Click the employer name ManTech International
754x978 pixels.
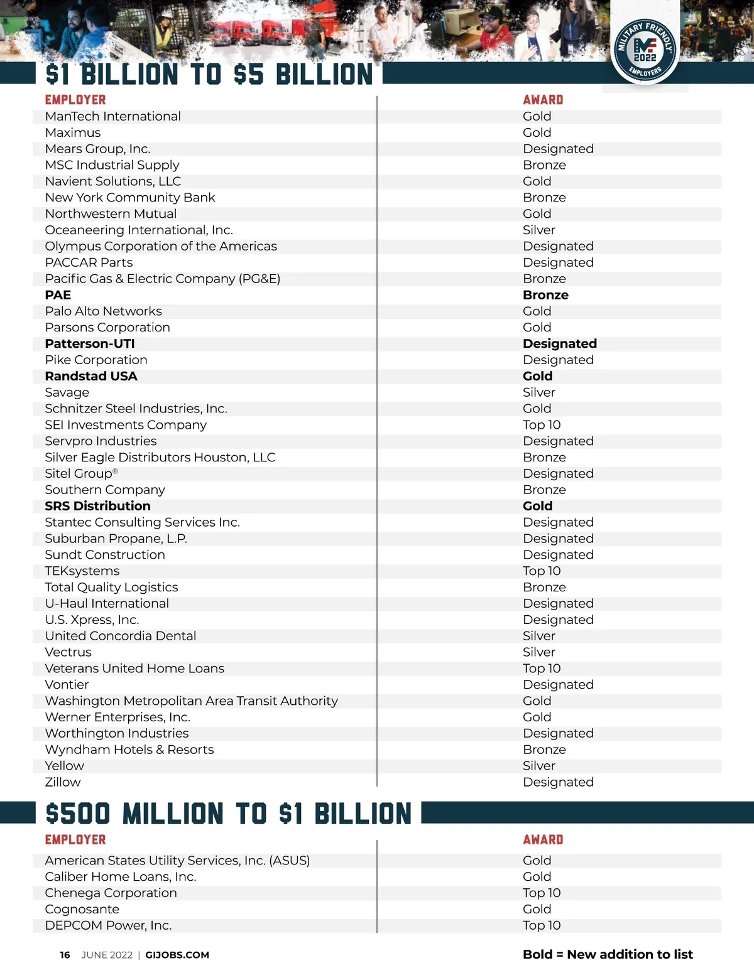pyautogui.click(x=112, y=116)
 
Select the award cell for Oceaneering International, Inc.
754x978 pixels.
pyautogui.click(x=538, y=230)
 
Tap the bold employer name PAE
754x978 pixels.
pyautogui.click(x=58, y=295)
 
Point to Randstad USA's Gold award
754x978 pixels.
pyautogui.click(x=537, y=376)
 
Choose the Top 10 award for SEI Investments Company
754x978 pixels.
pyautogui.click(x=541, y=425)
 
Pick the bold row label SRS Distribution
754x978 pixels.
pyautogui.click(x=97, y=506)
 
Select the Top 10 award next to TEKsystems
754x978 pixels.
pyautogui.click(x=541, y=571)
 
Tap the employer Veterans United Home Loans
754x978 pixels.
pyautogui.click(x=134, y=669)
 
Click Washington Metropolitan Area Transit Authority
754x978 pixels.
pyautogui.click(x=191, y=701)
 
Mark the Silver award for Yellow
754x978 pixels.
pyautogui.click(x=538, y=766)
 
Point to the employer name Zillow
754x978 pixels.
pyautogui.click(x=63, y=782)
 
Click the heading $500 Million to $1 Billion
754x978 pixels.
pyautogui.click(x=228, y=814)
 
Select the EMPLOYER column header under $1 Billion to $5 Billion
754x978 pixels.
pyautogui.click(x=75, y=100)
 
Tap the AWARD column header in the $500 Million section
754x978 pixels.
pyautogui.click(x=543, y=840)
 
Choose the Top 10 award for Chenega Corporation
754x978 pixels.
pyautogui.click(x=541, y=893)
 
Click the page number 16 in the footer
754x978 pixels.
pyautogui.click(x=65, y=955)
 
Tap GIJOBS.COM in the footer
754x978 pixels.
pyautogui.click(x=177, y=955)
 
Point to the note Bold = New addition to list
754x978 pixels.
pyautogui.click(x=608, y=954)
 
